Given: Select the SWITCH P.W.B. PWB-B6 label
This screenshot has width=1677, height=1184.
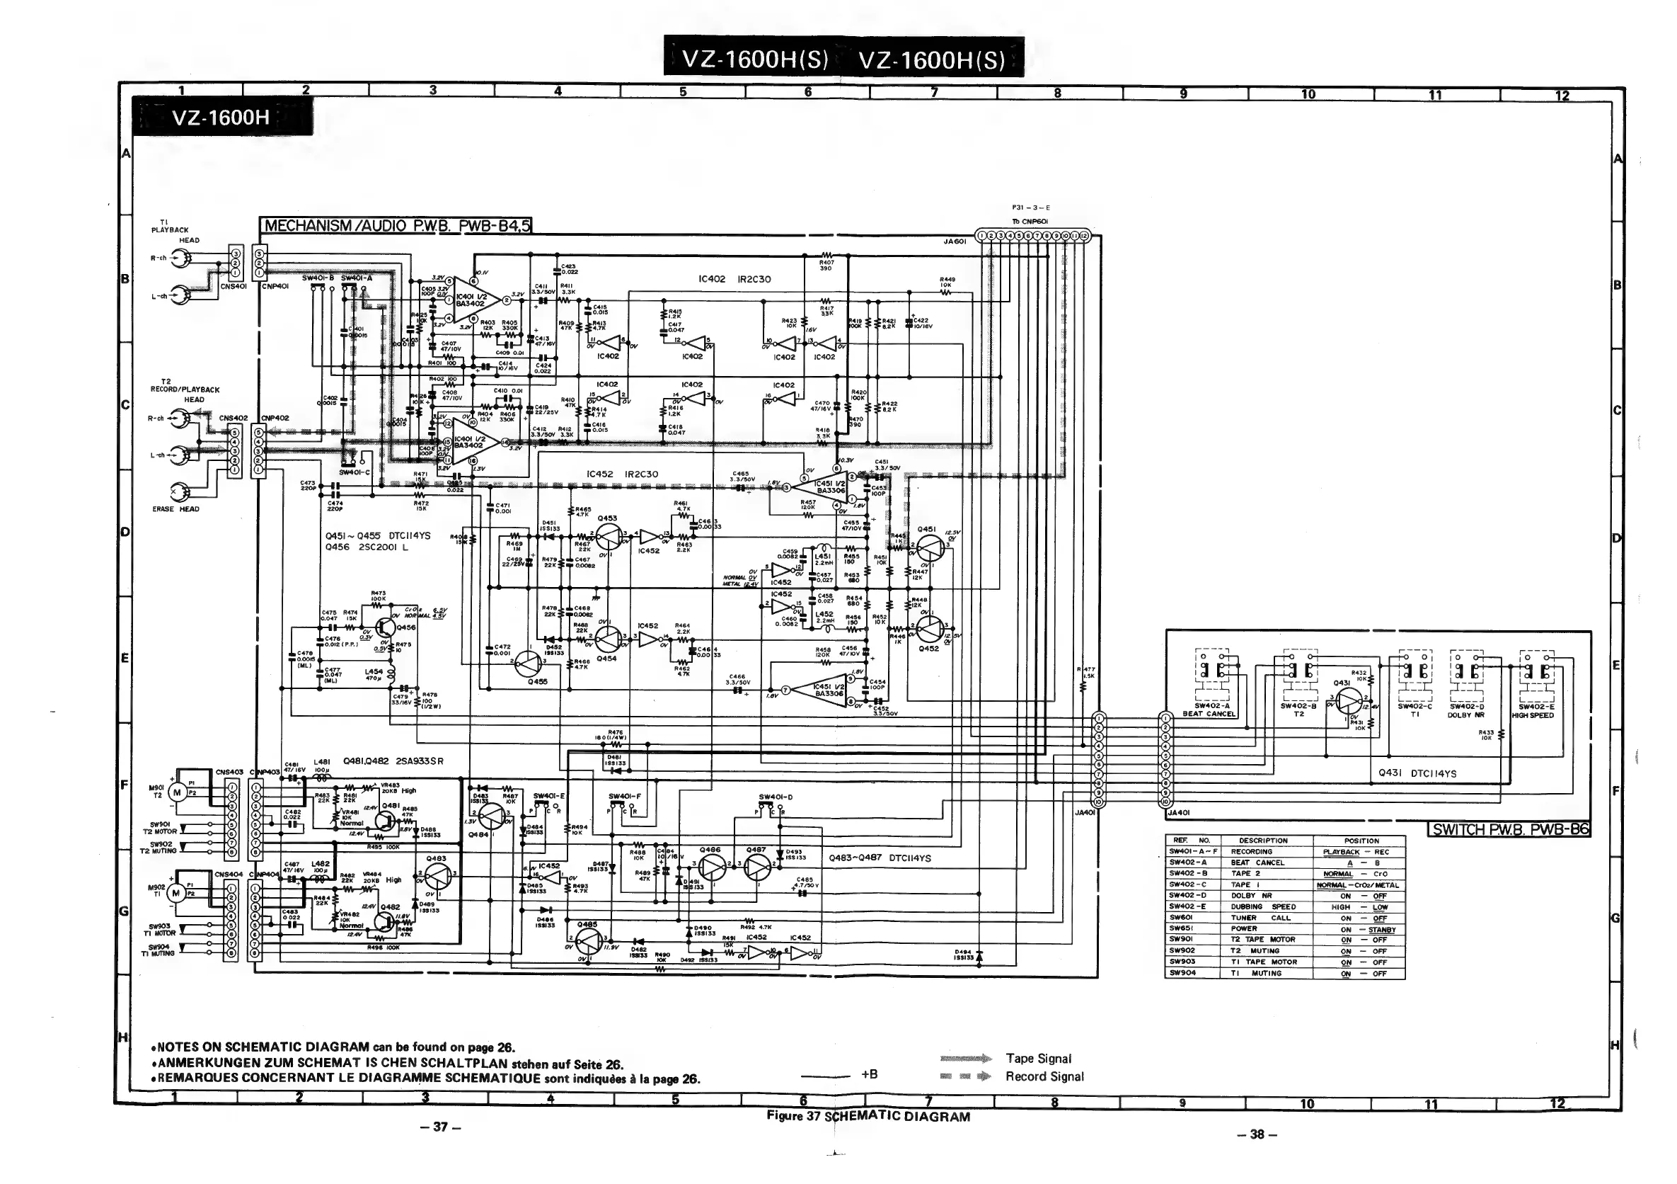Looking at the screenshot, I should [x=1509, y=829].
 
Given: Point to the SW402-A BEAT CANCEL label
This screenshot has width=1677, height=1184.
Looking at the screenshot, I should [x=1209, y=710].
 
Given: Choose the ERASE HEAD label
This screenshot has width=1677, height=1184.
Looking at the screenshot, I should [x=175, y=508].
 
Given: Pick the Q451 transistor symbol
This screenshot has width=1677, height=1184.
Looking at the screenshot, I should [x=930, y=547].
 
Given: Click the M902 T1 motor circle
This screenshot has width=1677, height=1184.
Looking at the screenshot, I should [x=176, y=892].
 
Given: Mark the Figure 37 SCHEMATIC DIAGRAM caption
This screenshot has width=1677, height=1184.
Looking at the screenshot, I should [x=868, y=1116].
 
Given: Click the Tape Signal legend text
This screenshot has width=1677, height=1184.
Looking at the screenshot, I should [x=1038, y=1058].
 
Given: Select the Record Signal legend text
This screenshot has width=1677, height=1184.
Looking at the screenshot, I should [x=1044, y=1076].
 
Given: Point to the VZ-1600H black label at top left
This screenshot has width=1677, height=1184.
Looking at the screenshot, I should [x=221, y=118].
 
